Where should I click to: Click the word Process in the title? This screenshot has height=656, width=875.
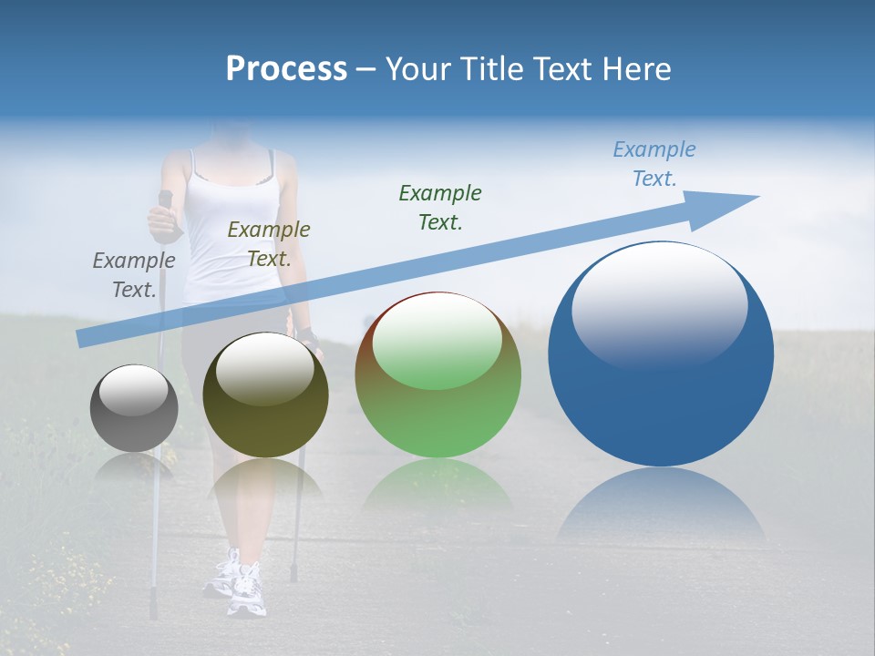(x=286, y=69)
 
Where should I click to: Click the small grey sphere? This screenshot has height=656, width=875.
(x=134, y=408)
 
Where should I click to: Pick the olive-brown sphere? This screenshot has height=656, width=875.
(x=265, y=395)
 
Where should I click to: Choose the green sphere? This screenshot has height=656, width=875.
(x=437, y=375)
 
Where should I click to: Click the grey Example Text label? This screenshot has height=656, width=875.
(x=134, y=275)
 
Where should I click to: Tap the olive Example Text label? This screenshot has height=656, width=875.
(x=269, y=244)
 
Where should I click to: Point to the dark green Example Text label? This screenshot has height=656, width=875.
(x=440, y=207)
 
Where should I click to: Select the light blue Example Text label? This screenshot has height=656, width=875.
(x=654, y=164)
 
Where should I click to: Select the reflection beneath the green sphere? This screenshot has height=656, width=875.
(x=437, y=483)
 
